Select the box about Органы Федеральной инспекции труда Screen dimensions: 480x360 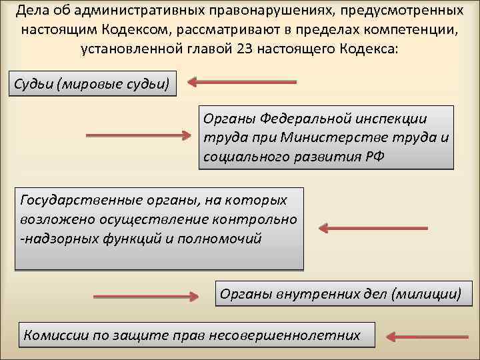[x=325, y=139]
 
